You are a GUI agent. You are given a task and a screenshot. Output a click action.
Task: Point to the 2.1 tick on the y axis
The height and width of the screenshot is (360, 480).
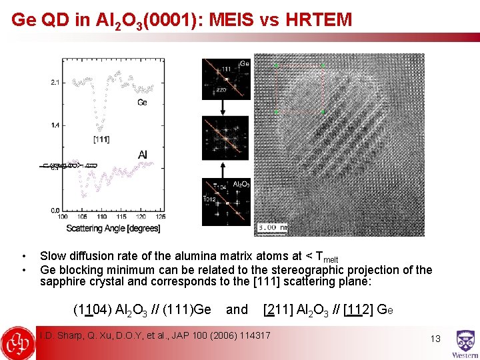pyautogui.click(x=55, y=82)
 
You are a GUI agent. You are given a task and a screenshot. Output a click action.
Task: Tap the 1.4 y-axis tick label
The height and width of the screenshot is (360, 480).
pyautogui.click(x=55, y=125)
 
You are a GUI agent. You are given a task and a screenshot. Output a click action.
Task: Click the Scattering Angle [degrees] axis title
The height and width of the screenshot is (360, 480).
pyautogui.click(x=113, y=229)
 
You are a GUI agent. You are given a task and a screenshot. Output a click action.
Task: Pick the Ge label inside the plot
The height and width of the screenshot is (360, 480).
pyautogui.click(x=142, y=102)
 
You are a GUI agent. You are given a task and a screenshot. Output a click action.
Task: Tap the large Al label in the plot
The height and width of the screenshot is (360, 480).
pyautogui.click(x=143, y=155)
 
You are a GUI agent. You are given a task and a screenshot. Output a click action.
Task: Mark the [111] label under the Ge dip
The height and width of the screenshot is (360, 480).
pyautogui.click(x=102, y=139)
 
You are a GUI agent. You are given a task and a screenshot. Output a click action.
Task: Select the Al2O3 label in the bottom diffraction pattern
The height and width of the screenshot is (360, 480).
pyautogui.click(x=241, y=183)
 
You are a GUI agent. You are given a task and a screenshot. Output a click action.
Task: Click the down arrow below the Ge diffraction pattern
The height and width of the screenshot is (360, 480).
pyautogui.click(x=225, y=107)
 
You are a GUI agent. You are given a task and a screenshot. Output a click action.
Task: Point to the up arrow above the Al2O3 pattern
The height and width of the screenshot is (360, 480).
pyautogui.click(x=225, y=169)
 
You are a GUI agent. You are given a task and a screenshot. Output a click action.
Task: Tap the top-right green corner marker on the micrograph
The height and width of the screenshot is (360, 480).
pyautogui.click(x=323, y=65)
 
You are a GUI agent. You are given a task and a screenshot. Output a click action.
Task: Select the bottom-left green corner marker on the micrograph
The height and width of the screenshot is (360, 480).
pyautogui.click(x=276, y=111)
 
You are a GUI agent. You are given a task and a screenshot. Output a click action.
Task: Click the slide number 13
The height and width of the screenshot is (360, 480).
pyautogui.click(x=435, y=339)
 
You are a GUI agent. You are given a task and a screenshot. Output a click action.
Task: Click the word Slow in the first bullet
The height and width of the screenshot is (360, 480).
pyautogui.click(x=53, y=255)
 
